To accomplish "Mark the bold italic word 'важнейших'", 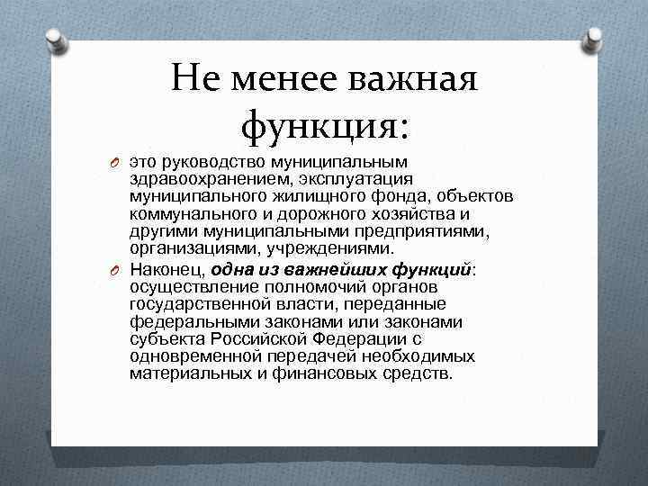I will click(x=343, y=269).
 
